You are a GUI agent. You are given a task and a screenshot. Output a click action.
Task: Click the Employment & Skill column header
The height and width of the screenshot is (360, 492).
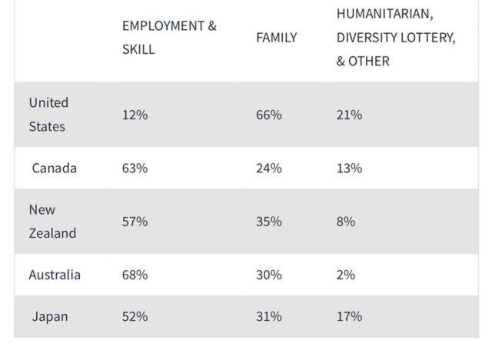169,37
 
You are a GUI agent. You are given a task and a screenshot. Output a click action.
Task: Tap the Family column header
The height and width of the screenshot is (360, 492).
276,37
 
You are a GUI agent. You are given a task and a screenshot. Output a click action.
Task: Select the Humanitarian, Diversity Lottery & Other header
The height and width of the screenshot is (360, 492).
395,37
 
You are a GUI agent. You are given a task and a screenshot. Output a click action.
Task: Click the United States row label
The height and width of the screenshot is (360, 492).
48,115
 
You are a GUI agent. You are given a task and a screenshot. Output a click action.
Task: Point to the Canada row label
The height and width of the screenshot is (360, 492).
54,168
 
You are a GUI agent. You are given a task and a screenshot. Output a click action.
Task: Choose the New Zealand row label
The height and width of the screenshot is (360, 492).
52,222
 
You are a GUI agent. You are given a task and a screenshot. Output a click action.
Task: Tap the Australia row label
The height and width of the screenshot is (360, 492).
55,275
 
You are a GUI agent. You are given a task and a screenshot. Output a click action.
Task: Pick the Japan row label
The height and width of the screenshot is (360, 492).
50,316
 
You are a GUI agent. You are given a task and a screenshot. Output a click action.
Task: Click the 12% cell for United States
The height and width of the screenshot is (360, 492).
135,115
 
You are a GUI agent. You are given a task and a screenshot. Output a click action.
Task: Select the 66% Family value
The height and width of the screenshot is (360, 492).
269,115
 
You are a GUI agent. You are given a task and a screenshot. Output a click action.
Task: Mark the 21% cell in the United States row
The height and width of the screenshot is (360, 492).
349,115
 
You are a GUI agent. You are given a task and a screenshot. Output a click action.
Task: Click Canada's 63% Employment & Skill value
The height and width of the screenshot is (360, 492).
135,168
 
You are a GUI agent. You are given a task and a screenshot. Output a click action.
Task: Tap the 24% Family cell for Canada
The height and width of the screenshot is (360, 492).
269,168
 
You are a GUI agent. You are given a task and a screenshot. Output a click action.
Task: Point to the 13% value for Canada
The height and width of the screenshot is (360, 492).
349,168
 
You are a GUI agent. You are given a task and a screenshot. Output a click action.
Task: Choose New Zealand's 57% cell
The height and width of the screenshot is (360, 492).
135,222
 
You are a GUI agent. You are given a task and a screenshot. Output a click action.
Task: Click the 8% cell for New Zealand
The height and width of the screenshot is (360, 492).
345,222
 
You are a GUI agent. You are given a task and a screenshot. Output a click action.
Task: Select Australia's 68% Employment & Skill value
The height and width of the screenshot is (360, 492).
135,275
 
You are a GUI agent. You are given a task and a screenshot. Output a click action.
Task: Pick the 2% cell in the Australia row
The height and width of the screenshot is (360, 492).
345,275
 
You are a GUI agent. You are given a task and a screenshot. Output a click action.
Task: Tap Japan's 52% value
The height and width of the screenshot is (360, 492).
135,316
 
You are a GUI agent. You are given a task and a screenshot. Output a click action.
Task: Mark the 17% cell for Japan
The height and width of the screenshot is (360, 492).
349,316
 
